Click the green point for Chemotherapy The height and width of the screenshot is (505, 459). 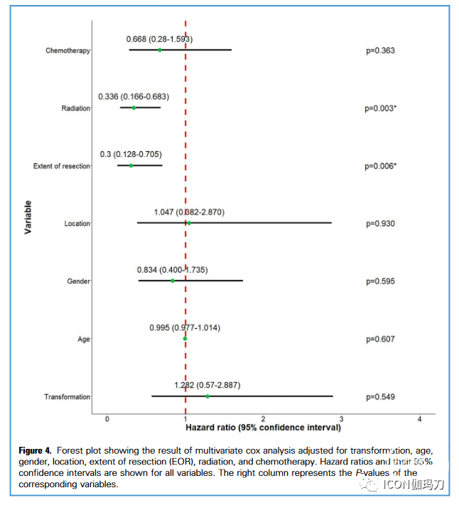160,50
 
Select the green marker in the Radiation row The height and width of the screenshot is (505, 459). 134,107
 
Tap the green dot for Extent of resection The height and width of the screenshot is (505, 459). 131,165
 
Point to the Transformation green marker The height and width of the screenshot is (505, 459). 207,396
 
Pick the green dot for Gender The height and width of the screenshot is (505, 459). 173,281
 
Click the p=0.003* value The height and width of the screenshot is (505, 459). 380,109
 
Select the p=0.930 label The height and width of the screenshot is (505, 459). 380,224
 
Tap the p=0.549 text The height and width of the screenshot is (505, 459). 380,397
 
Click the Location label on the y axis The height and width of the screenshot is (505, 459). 77,224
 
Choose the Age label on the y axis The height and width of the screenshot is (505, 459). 84,340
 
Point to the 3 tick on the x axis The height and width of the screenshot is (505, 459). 342,419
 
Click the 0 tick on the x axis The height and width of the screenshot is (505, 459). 107,419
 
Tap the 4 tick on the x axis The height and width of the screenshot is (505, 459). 419,419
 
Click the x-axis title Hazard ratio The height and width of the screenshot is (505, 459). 263,428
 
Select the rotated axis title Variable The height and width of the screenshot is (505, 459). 28,217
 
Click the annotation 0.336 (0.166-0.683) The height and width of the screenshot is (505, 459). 134,97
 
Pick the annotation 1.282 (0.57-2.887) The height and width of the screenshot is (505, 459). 207,385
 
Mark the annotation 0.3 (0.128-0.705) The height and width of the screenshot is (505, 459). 131,154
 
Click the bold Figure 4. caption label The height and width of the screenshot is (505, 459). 35,450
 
